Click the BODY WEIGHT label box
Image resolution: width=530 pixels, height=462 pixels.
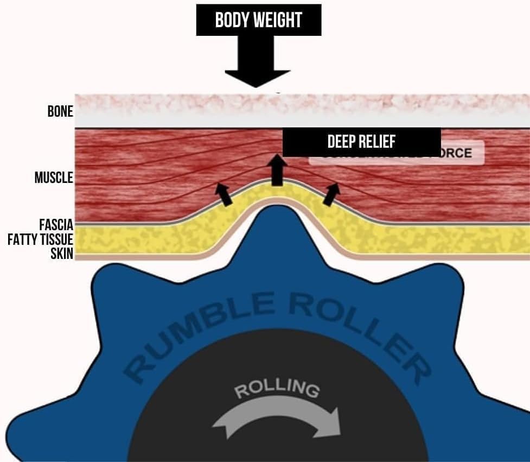tap(258, 20)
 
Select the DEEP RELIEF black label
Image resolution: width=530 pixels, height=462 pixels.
tap(361, 142)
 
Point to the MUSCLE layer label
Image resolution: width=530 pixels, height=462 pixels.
tap(53, 178)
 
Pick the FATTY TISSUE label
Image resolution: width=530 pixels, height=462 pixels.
tap(40, 239)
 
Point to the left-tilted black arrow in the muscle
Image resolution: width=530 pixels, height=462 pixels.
tap(224, 194)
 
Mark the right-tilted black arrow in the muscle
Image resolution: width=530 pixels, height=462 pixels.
tap(331, 194)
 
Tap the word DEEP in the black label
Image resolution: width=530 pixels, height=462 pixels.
tap(340, 142)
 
